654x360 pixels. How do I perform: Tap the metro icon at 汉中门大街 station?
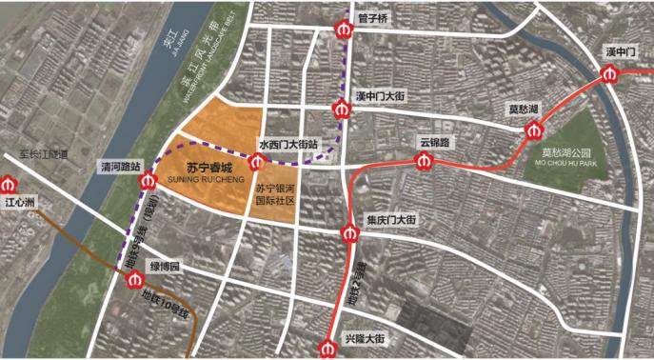(341, 110)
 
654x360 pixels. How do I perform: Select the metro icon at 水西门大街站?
(254, 164)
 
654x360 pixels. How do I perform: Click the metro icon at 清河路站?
(148, 181)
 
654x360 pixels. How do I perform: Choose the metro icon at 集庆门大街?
(349, 233)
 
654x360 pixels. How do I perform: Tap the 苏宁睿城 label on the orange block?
(207, 166)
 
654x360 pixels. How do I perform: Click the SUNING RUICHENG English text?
(206, 178)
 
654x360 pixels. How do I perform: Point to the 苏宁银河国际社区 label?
(276, 195)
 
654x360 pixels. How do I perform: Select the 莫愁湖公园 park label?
(566, 152)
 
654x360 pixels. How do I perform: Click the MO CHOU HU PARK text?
(566, 164)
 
